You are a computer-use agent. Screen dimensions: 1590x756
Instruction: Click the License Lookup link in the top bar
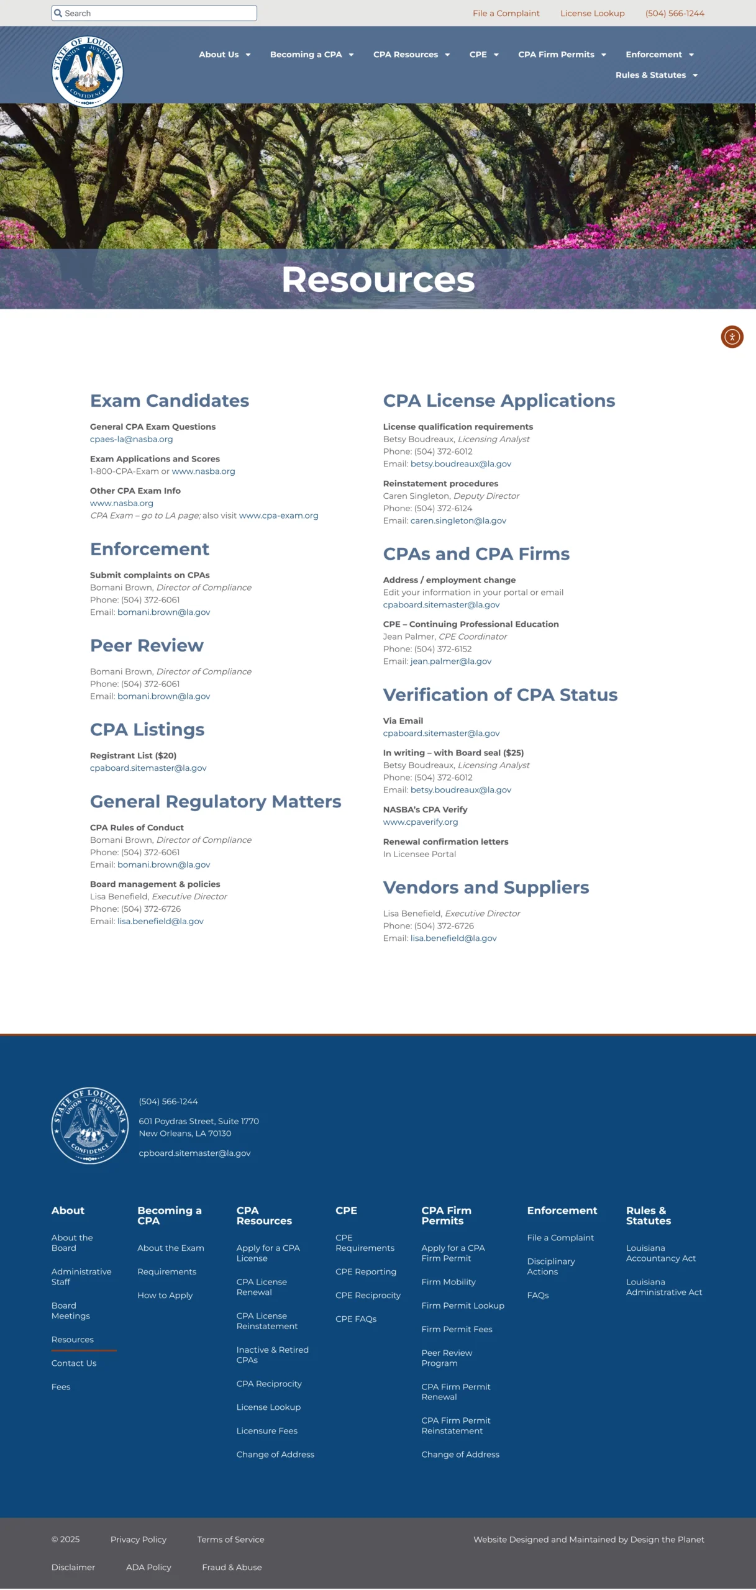[592, 13]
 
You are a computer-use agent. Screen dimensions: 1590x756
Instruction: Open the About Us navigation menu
[224, 55]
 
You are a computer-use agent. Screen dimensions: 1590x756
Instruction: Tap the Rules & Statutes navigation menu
[656, 75]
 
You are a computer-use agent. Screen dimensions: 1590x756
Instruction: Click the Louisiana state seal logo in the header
[88, 71]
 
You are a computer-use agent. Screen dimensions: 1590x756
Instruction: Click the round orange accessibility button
[732, 337]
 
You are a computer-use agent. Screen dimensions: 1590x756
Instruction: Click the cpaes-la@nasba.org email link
[131, 439]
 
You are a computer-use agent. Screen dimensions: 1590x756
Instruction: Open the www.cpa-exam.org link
[278, 516]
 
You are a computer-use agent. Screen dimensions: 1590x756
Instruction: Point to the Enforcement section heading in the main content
[149, 549]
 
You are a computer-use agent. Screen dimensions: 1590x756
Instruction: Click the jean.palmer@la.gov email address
[450, 661]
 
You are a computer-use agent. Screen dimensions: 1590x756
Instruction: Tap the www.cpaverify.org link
[420, 822]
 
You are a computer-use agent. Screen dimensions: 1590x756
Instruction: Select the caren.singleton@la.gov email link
[458, 520]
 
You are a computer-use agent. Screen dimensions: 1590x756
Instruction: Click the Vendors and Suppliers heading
[486, 888]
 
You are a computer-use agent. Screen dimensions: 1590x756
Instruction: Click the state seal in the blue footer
[89, 1125]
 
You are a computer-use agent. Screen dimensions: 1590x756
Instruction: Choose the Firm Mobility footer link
[448, 1282]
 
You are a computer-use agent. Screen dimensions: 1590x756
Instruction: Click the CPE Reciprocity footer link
[368, 1296]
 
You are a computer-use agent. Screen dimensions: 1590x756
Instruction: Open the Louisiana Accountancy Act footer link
[660, 1253]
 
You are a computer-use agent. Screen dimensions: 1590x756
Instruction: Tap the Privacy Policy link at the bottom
[138, 1540]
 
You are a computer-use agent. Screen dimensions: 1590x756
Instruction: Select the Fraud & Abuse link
[232, 1568]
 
